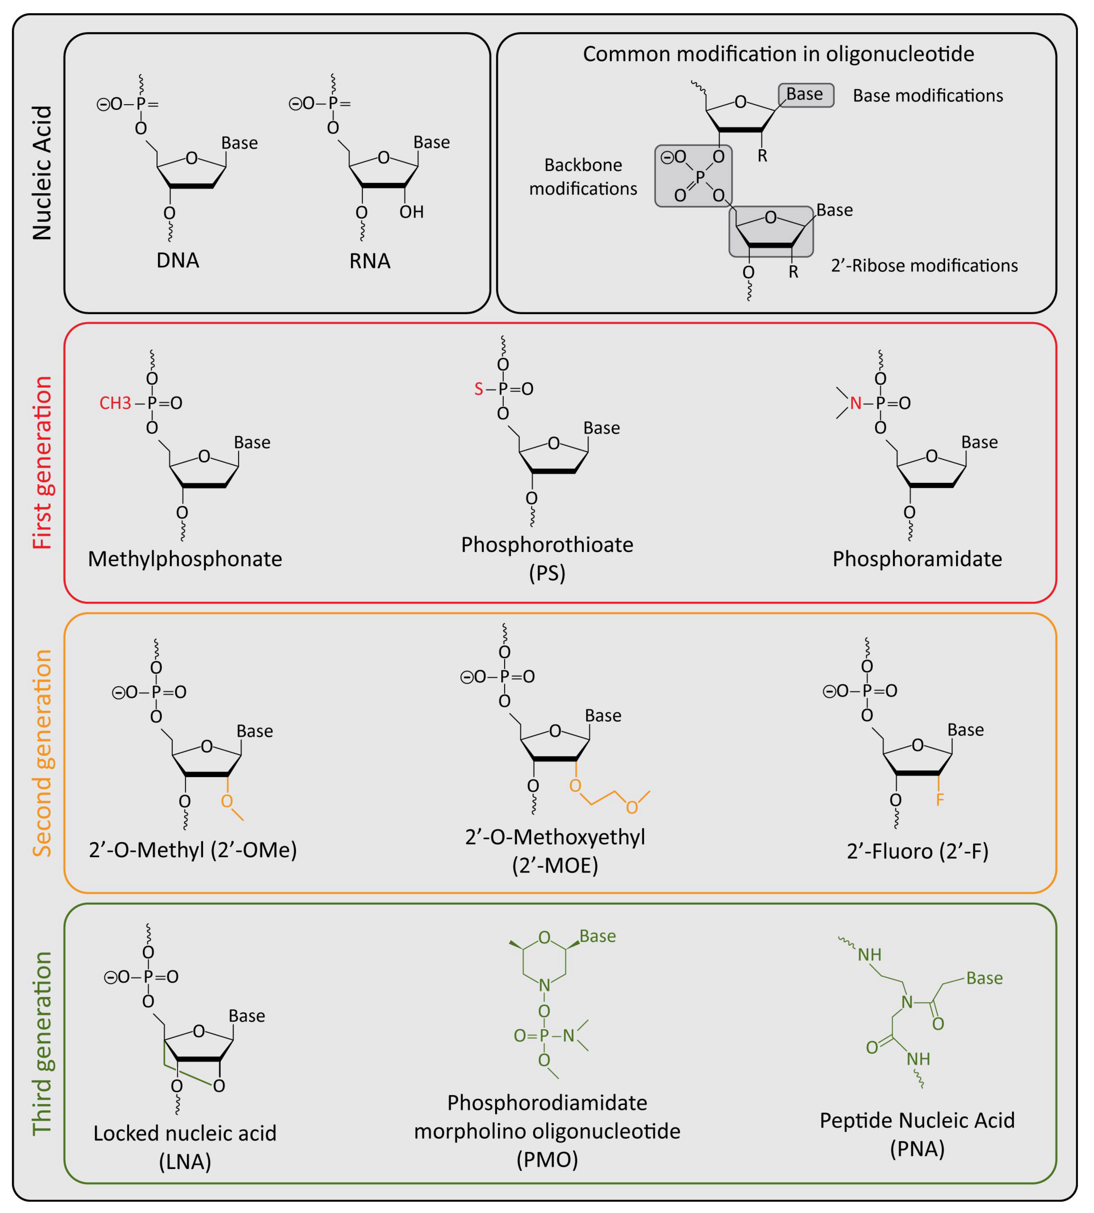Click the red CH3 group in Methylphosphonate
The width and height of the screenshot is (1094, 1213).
(115, 403)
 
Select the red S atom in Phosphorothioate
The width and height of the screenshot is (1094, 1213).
(478, 389)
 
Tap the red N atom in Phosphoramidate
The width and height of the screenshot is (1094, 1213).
(855, 403)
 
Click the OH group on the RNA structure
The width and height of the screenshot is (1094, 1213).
(412, 212)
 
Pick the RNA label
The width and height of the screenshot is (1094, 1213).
(370, 261)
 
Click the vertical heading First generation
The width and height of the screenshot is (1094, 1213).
(42, 463)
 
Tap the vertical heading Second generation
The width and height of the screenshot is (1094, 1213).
(42, 753)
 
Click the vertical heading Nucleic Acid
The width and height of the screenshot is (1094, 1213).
(42, 173)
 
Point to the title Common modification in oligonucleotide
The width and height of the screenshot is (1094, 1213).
(778, 54)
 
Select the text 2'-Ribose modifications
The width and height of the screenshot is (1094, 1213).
(924, 265)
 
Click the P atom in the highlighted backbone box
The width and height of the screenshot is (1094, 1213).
(700, 176)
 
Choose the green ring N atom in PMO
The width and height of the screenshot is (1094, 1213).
(544, 985)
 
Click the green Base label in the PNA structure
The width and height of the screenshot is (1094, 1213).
(984, 978)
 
